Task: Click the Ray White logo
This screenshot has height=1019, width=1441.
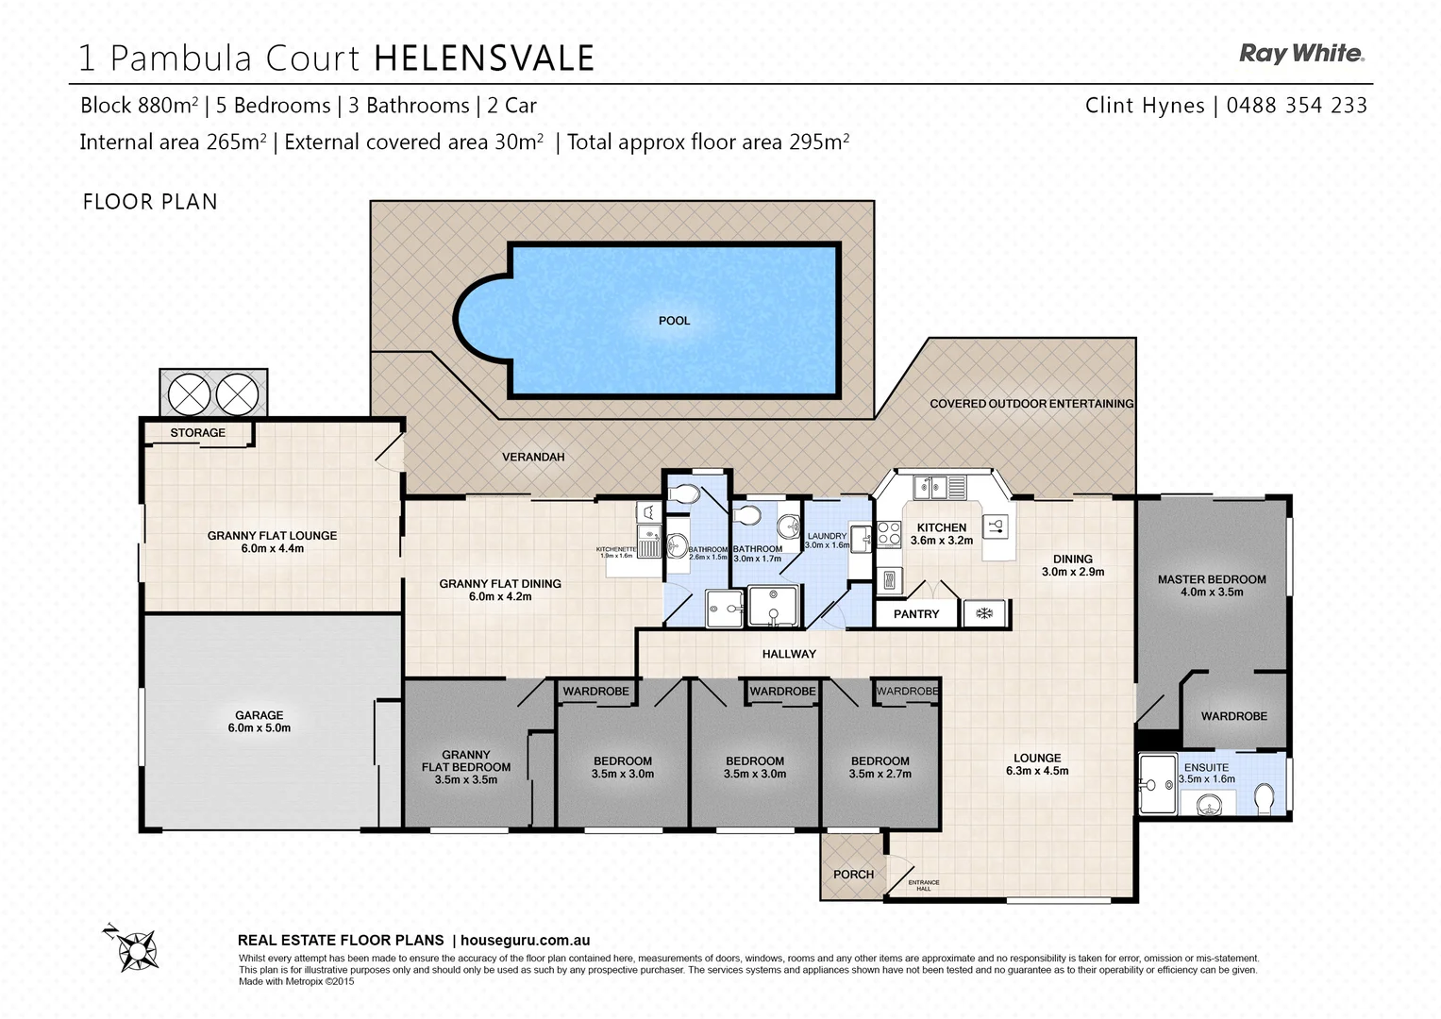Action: [1301, 54]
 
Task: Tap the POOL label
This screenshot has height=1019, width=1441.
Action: [674, 321]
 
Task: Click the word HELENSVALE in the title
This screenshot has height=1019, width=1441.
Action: [484, 58]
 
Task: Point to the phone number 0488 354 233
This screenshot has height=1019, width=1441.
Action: [1297, 106]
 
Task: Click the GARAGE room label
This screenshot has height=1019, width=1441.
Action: [259, 715]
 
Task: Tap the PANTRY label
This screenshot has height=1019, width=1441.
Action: [915, 614]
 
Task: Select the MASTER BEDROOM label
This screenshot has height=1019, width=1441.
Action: [1212, 579]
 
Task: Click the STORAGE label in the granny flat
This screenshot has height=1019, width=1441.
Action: [197, 433]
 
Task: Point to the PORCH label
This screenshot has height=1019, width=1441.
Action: [853, 875]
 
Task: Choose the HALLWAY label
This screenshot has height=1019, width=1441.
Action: [789, 654]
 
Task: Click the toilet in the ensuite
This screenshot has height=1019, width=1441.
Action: [1265, 798]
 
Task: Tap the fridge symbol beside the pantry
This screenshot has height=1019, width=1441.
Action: [984, 614]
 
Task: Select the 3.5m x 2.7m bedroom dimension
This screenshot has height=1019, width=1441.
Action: [880, 774]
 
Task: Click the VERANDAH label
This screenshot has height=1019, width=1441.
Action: [533, 457]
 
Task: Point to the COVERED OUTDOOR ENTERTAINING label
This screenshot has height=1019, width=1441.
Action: [1031, 404]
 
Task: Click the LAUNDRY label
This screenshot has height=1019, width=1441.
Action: [827, 536]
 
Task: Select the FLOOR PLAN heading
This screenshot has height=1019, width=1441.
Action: [150, 202]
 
